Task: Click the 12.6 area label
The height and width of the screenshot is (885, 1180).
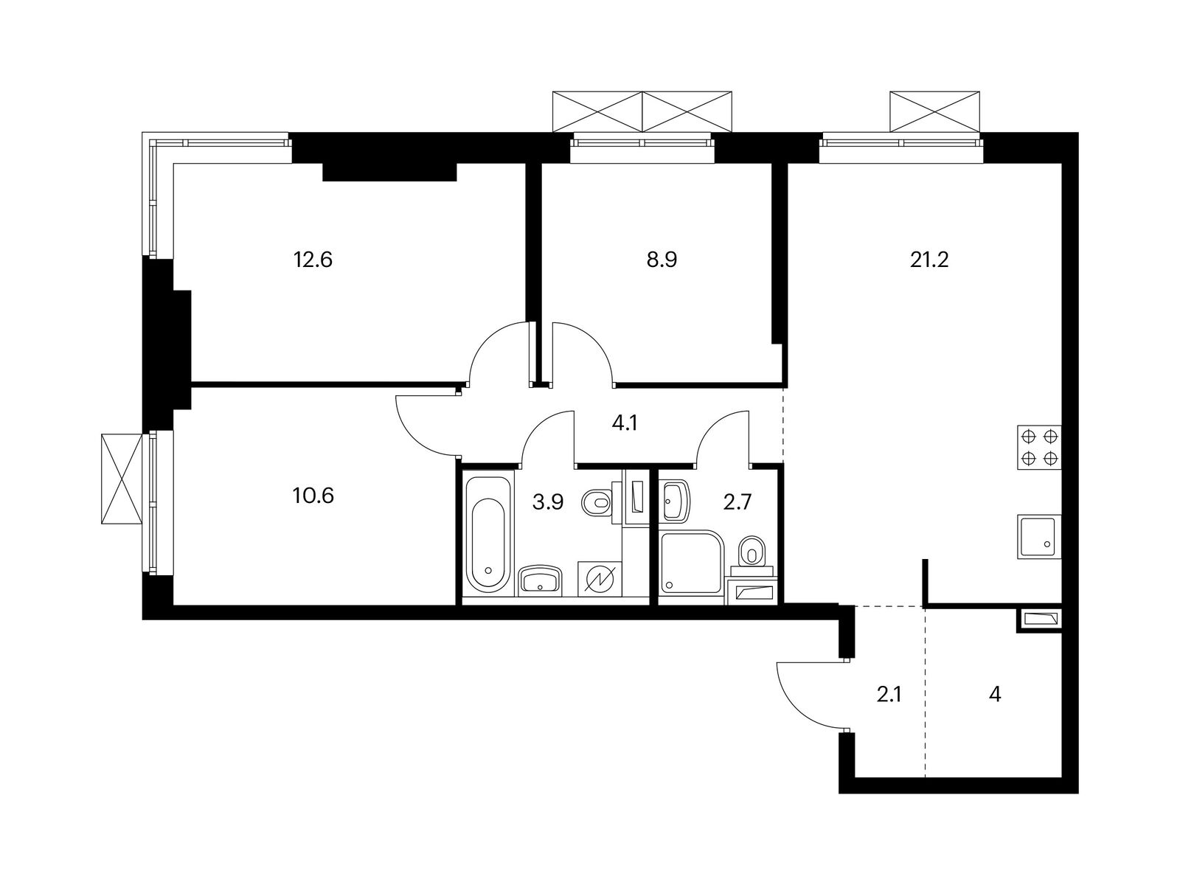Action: point(313,260)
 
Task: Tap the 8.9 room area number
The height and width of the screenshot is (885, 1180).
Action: point(662,260)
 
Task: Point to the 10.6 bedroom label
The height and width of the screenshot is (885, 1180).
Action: point(313,495)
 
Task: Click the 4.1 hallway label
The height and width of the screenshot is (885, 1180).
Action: point(624,424)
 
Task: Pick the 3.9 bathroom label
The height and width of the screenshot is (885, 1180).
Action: point(548,502)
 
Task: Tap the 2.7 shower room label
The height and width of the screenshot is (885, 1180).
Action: point(737,502)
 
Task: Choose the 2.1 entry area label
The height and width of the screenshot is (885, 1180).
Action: point(889,694)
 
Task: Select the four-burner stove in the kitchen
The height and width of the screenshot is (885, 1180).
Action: point(1038,447)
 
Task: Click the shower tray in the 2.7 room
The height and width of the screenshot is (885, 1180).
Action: point(690,562)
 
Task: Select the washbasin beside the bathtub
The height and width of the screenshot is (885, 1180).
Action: point(541,580)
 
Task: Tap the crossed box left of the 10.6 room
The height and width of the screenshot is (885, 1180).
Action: point(122,479)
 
